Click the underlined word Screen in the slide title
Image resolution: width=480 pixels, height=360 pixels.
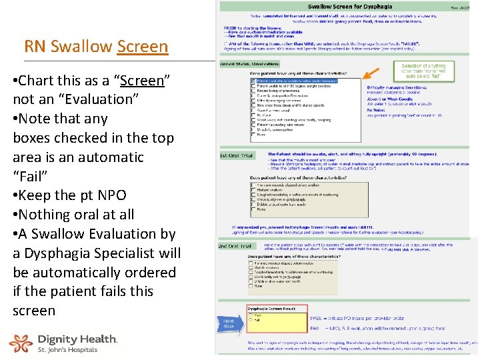tap(143, 47)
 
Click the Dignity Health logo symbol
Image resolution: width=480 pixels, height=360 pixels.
tap(20, 343)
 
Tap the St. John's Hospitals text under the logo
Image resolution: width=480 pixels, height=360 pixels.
tap(67, 349)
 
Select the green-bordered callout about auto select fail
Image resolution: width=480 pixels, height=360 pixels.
tap(423, 70)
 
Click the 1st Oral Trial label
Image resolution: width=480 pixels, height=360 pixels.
tap(236, 156)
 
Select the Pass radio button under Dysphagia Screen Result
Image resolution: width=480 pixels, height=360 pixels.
tap(251, 316)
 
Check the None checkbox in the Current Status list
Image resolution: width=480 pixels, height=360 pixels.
tap(252, 134)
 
